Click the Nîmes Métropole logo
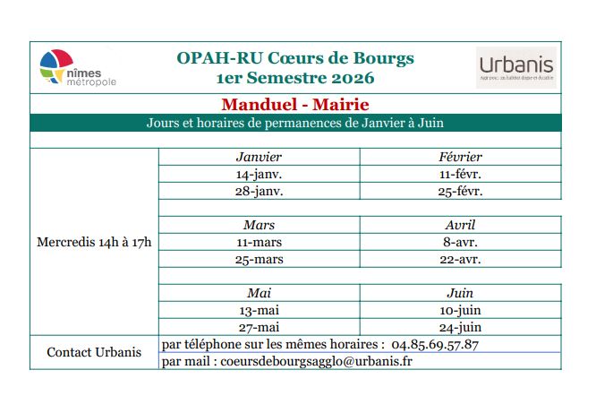click(78, 68)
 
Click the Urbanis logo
click(516, 66)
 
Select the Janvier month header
click(259, 157)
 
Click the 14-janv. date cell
click(259, 174)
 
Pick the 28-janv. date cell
click(259, 191)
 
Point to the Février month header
click(460, 157)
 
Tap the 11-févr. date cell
click(460, 174)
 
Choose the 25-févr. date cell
click(460, 191)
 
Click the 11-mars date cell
click(259, 242)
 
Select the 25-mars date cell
click(259, 259)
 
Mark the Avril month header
click(460, 225)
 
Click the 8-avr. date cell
click(460, 242)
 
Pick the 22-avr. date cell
click(460, 259)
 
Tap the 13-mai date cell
click(259, 310)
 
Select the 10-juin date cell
click(460, 310)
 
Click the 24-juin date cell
click(460, 327)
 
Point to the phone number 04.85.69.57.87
click(435, 344)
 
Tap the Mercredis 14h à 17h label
click(94, 242)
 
